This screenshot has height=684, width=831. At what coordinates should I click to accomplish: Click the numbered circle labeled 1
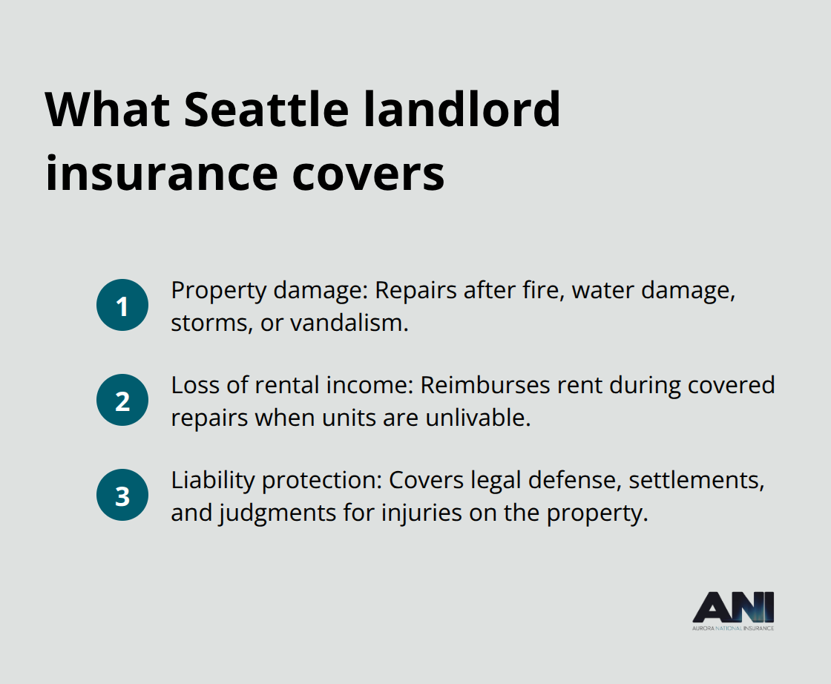point(122,306)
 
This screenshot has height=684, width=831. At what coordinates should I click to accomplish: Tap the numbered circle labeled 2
point(122,401)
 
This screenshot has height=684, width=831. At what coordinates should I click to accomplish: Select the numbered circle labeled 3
point(122,496)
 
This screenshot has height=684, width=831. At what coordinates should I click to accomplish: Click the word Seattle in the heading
point(266,109)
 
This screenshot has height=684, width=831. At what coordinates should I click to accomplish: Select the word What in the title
point(106,109)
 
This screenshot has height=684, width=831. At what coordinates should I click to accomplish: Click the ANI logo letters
point(733,608)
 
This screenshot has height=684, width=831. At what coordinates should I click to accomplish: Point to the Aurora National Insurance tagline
point(733,628)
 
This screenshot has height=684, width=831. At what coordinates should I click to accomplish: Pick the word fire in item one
point(535,290)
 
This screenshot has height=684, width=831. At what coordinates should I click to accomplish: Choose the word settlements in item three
point(697,480)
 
